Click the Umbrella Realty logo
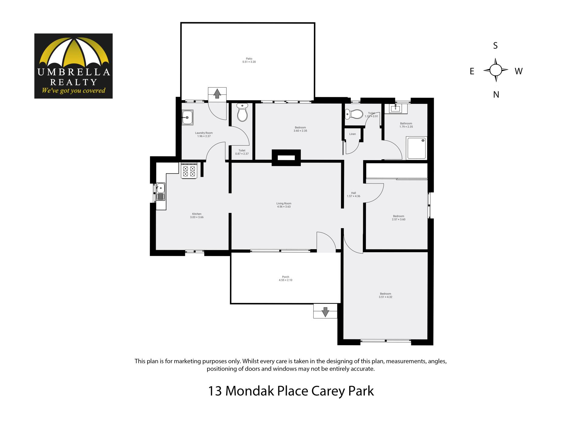[73, 66]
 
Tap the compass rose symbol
[496, 70]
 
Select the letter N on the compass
[496, 95]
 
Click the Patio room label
[249, 59]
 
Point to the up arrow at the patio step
[217, 93]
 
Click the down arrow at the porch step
[325, 312]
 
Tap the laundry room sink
[187, 118]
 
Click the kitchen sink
[161, 192]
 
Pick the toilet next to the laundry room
[242, 112]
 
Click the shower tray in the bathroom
[417, 148]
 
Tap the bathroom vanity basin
[396, 109]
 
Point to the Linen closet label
[353, 134]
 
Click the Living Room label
[284, 204]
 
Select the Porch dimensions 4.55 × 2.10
[286, 280]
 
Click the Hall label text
[353, 193]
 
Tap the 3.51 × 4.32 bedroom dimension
[385, 297]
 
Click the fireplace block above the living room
[286, 158]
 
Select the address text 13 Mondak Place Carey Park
[291, 391]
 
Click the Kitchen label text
[197, 214]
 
